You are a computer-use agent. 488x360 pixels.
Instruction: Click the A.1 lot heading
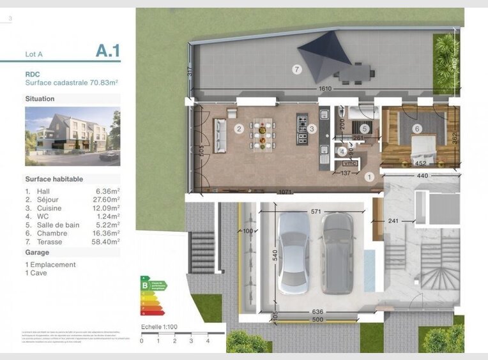(107, 51)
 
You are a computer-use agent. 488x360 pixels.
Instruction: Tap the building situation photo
(72, 137)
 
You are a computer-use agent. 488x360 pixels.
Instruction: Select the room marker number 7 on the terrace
(296, 70)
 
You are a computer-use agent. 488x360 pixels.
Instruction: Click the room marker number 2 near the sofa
(239, 129)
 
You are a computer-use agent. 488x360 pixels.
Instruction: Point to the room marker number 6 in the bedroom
(417, 129)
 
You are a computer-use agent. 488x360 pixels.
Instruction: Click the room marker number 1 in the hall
(369, 177)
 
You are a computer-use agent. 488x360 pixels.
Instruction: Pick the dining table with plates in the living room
(263, 134)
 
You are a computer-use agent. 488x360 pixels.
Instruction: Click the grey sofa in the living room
(221, 135)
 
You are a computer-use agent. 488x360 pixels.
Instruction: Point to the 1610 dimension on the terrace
(326, 89)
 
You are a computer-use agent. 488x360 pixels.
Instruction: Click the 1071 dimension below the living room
(284, 191)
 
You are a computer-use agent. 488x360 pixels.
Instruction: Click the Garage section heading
(37, 252)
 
